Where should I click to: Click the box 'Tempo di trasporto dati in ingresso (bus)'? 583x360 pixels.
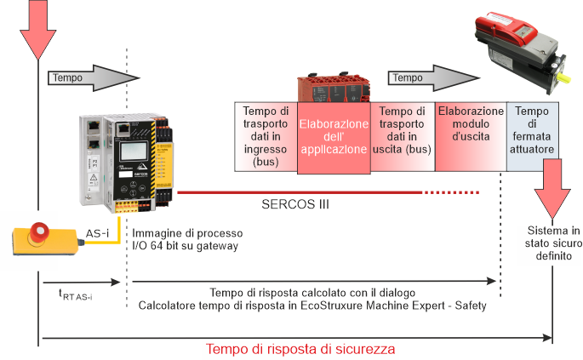click(265, 138)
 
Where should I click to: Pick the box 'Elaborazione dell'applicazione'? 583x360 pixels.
click(333, 138)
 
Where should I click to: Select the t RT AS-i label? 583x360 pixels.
click(75, 295)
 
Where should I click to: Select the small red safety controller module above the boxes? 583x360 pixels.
click(331, 89)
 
